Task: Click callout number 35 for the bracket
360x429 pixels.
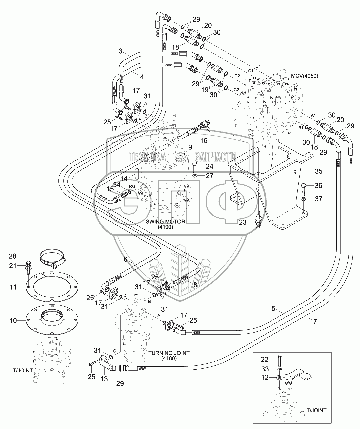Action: coord(319,172)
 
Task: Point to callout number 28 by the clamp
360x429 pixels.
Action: coord(13,256)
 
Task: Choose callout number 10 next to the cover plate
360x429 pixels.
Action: coord(13,321)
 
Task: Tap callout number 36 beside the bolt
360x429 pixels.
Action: coord(319,186)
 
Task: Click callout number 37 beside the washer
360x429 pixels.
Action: coord(319,199)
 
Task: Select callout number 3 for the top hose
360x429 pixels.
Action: coord(121,51)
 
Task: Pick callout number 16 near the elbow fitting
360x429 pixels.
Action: coord(203,140)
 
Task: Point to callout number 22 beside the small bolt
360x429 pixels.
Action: coord(265,359)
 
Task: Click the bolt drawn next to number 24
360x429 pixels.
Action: coord(195,166)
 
